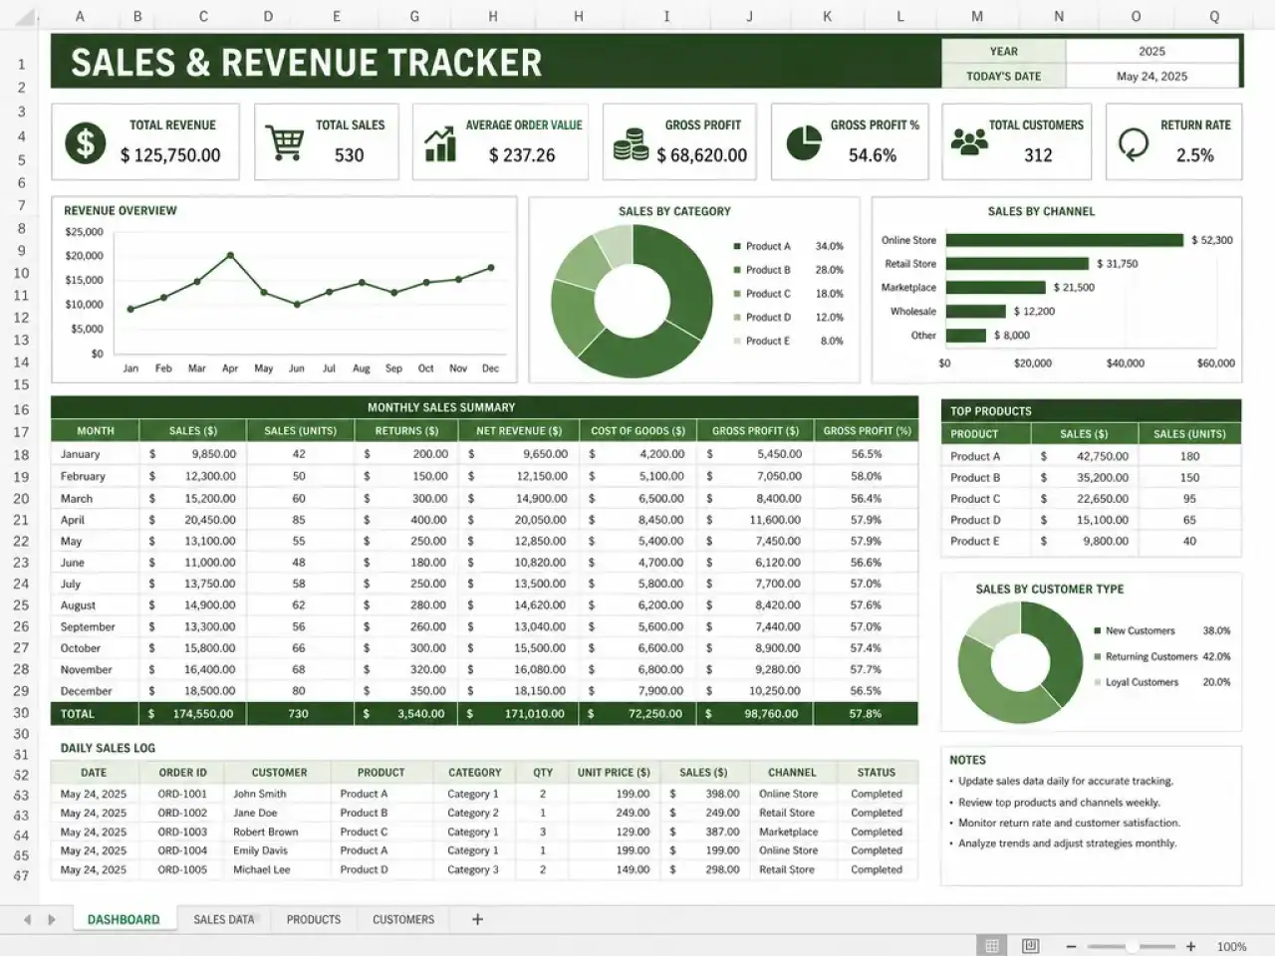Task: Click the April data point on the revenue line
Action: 231,255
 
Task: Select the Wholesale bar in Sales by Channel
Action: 975,311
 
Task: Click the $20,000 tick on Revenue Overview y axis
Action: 85,255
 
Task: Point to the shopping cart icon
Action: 285,142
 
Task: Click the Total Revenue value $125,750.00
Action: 170,155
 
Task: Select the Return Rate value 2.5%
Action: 1195,155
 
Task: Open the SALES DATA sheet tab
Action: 224,919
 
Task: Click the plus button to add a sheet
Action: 477,919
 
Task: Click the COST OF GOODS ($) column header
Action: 637,430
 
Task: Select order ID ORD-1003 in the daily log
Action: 182,832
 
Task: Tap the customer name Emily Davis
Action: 260,850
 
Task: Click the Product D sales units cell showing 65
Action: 1189,520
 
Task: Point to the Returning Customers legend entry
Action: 1146,656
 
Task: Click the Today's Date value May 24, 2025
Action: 1151,76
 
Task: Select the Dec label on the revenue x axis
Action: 490,368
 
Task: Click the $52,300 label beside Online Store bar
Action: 1211,240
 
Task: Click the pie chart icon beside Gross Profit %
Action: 804,142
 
